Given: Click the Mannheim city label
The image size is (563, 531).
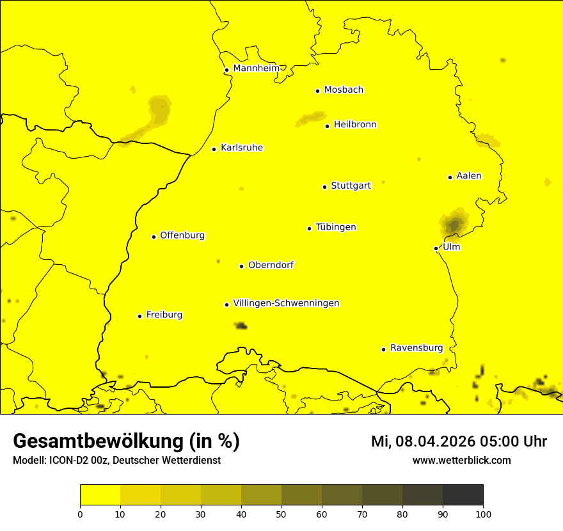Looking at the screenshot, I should (x=256, y=68).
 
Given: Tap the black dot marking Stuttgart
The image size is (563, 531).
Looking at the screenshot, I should (x=325, y=187).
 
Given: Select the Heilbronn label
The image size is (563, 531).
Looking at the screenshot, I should (x=355, y=125).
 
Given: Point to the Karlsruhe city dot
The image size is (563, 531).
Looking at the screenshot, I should (x=214, y=149).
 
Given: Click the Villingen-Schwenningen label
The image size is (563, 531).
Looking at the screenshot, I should (x=286, y=303).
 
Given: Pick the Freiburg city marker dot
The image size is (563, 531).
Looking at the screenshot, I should (x=140, y=316).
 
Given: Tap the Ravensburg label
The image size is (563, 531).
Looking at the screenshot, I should (x=416, y=348).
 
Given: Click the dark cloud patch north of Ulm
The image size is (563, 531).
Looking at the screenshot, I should (x=454, y=224).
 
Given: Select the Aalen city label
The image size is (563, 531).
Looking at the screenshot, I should (x=469, y=176).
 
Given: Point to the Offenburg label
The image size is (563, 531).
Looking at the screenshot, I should (x=182, y=235).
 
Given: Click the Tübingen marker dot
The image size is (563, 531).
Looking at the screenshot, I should (x=310, y=228).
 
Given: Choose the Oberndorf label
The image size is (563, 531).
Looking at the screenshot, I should (x=271, y=265).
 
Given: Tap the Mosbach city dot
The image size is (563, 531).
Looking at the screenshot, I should (x=317, y=91).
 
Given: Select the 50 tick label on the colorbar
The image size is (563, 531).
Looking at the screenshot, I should (x=281, y=514).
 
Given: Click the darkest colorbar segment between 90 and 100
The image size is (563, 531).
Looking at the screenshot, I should (x=463, y=495).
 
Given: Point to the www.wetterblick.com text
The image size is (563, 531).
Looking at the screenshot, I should (x=461, y=461).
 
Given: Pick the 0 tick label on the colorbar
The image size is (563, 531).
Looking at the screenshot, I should (x=80, y=514).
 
